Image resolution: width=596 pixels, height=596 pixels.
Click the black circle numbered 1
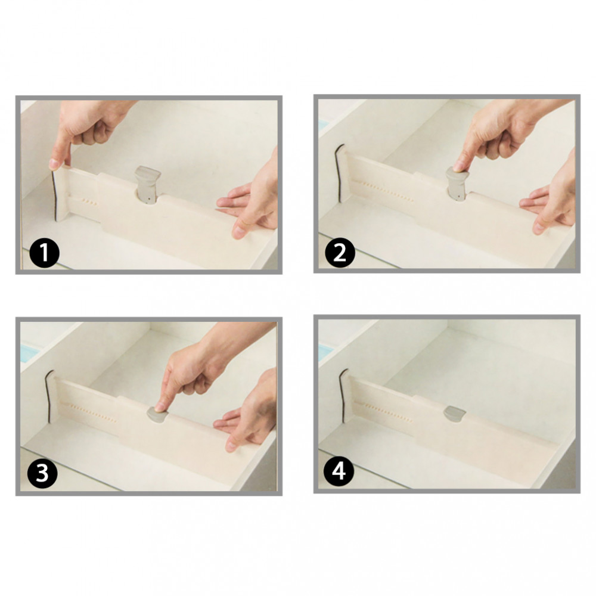coord(44,253)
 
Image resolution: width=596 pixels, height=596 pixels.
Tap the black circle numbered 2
coord(340,252)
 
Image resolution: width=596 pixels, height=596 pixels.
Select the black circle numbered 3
coord(42,474)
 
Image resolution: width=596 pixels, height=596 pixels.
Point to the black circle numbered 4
coord(339,471)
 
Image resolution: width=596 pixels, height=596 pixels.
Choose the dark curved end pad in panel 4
coord(343,395)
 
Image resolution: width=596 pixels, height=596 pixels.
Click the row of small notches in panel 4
coord(388,413)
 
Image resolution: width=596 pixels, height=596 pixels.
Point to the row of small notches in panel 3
coord(94,413)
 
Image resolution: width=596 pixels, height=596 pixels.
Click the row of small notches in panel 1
coord(89,201)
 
